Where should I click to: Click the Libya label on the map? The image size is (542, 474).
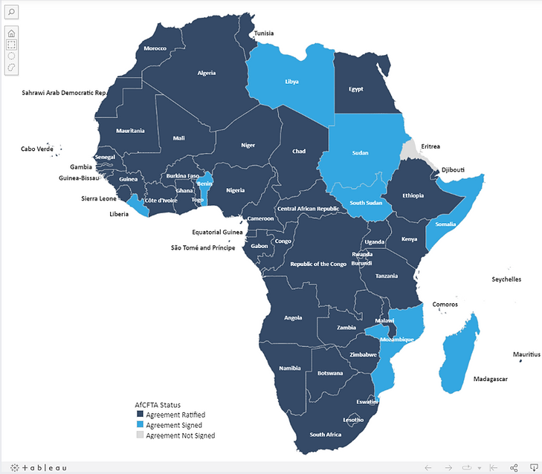click(x=291, y=80)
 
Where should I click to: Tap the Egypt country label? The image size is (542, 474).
click(x=356, y=89)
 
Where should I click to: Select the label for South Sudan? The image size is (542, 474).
click(x=366, y=203)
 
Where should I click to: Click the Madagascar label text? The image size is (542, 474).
click(x=491, y=379)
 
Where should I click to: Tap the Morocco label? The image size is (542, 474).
click(x=155, y=48)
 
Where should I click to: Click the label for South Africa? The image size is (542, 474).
click(x=326, y=435)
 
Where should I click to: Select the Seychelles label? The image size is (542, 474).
click(x=506, y=279)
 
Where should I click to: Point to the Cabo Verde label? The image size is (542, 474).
click(x=37, y=149)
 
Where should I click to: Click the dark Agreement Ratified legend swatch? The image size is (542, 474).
click(x=140, y=415)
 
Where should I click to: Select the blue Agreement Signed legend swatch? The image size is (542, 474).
click(x=140, y=425)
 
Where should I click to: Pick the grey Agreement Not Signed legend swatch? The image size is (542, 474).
click(x=140, y=435)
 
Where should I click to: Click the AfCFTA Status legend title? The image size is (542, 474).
click(x=158, y=405)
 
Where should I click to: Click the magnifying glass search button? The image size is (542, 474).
click(x=11, y=13)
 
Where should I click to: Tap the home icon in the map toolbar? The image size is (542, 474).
click(x=11, y=33)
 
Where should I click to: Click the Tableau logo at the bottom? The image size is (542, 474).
click(x=39, y=467)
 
